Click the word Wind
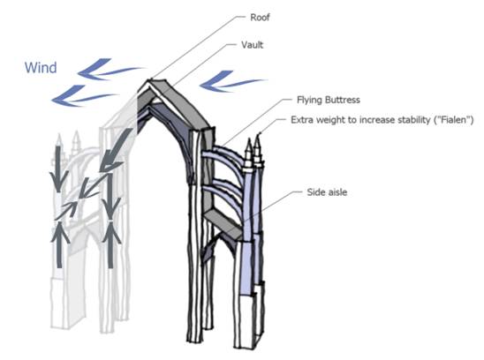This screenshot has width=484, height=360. (41, 68)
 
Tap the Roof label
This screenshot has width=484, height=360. (260, 18)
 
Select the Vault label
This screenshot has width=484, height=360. (253, 45)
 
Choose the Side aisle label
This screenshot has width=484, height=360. (327, 192)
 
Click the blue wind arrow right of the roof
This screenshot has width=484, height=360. (233, 81)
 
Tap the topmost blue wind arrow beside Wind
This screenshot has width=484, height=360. (110, 69)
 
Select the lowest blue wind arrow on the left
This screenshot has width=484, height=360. (85, 96)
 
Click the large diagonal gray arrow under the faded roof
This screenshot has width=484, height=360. (114, 151)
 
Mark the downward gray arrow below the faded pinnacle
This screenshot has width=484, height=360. (58, 169)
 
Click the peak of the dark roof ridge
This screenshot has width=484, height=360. (150, 80)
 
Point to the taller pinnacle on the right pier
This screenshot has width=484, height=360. (258, 150)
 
